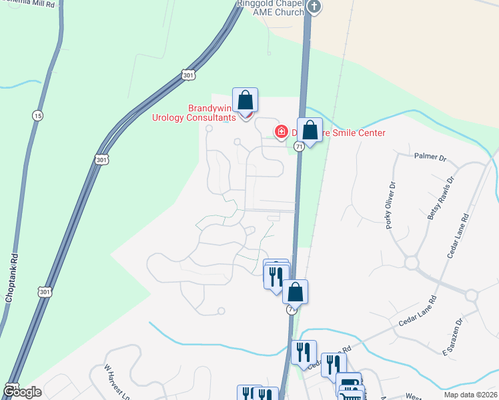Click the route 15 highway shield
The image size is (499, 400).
37,116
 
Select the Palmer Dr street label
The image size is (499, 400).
430,157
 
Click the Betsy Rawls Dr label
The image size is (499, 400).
441,198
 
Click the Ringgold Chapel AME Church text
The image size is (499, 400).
276,7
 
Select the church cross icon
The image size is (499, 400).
315,7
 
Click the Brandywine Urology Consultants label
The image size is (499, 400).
194,113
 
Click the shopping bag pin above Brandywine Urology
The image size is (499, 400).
245,101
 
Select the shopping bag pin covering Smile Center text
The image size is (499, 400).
310,130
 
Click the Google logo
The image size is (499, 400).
23,392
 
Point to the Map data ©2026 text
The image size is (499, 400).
470,395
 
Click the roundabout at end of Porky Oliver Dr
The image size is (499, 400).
410,263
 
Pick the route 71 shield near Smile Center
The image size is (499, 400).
300,146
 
